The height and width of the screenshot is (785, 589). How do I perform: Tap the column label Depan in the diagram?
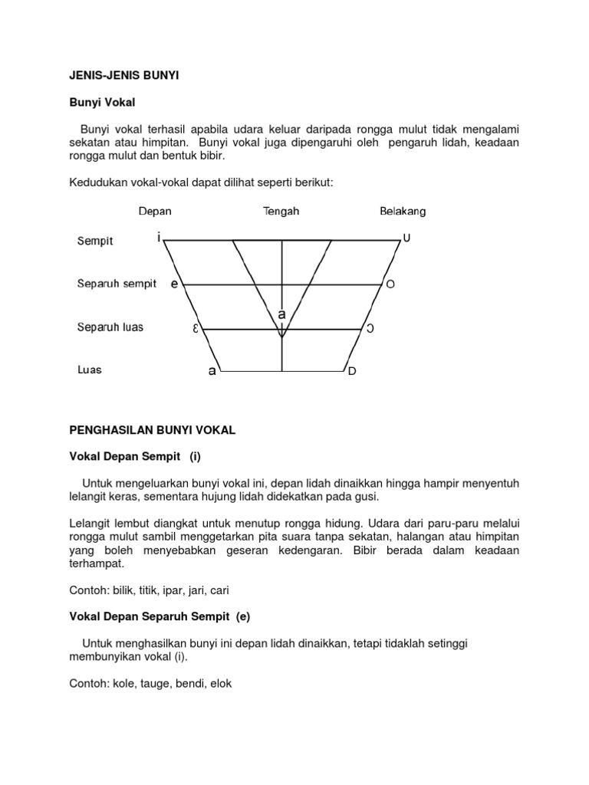pos(155,211)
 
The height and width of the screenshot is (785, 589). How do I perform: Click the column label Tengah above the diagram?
pos(281,211)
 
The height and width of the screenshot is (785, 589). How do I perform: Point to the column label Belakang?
pos(403,211)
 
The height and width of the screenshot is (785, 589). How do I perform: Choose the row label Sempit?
pos(95,241)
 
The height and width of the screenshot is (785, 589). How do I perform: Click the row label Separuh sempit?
pos(117,284)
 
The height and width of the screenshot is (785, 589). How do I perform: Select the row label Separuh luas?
pos(110,327)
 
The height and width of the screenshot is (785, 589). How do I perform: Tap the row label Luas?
pos(90,370)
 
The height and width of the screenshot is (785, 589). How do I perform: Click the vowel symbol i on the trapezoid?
pos(159,238)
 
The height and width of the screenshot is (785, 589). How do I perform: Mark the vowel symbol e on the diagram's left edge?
pos(175,284)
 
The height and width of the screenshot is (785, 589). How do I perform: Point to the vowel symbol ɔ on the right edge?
pos(370,329)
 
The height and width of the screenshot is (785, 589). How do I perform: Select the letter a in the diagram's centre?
pos(282,314)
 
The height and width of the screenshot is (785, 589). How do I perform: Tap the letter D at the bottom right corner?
pos(353,373)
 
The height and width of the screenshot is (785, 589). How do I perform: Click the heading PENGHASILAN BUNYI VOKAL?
pos(153,432)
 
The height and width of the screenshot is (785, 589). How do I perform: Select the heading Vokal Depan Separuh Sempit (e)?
pos(160,616)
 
